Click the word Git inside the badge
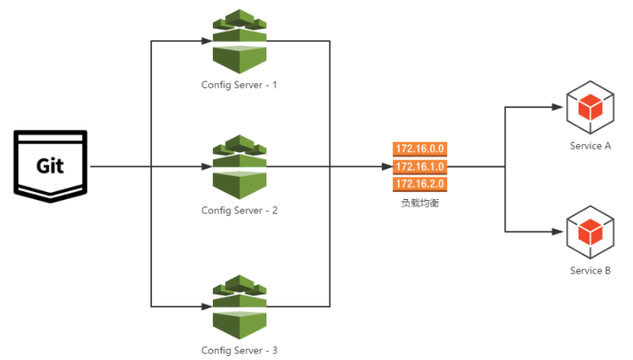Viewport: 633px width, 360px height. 50,166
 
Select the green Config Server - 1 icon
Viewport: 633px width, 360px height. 239,42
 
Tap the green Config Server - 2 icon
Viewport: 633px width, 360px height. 239,167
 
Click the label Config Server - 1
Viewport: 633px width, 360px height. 239,85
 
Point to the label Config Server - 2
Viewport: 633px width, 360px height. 239,210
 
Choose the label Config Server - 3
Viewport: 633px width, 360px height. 239,350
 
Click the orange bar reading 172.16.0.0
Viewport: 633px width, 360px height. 419,149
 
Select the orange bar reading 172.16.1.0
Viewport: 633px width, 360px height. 419,166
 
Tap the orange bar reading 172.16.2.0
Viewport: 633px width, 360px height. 419,185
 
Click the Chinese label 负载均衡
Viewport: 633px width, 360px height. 419,203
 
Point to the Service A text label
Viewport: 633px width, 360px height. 591,146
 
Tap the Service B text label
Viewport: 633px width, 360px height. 591,270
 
